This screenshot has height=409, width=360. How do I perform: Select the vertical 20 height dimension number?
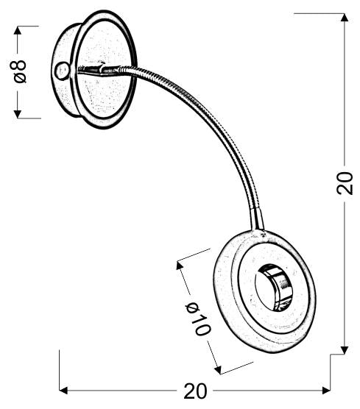[344, 182]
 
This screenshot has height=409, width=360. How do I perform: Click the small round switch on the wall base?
[61, 71]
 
